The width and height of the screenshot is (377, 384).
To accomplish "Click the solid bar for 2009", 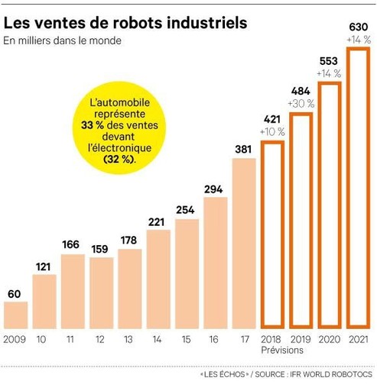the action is tap(15, 315).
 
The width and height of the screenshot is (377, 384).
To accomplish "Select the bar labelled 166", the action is tap(73, 292).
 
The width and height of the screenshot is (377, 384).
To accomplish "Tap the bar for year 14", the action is tap(158, 279).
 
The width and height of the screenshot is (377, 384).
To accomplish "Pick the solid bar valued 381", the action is tap(244, 244).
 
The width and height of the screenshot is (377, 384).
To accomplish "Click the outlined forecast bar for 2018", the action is tap(262, 234).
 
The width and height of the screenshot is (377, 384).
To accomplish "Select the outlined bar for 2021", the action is tap(348, 188).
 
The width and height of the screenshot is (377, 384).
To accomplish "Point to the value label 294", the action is tap(213, 189).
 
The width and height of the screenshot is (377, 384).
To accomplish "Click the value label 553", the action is tap(329, 61).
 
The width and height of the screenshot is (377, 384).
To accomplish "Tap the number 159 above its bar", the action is tap(99, 249).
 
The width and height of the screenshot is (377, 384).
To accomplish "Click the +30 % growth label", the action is tap(301, 104).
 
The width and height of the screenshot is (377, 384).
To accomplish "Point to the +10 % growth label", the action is tap(272, 132).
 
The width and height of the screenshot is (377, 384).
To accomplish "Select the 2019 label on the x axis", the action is tap(301, 339).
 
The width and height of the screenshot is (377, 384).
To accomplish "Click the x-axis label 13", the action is tap(128, 339).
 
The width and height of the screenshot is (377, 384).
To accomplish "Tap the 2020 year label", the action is tap(330, 339).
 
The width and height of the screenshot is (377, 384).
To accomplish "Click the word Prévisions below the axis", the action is tap(282, 350).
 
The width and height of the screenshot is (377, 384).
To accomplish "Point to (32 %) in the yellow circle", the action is tap(119, 160).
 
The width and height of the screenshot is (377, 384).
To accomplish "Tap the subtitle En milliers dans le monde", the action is tap(62, 40).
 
